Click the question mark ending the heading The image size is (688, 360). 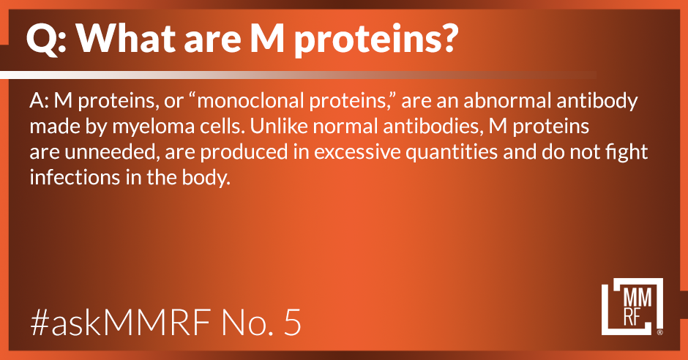(x=447, y=38)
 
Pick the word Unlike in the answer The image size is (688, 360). (x=278, y=127)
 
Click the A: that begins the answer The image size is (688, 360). (x=39, y=101)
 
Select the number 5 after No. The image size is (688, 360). (x=292, y=323)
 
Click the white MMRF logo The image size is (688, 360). (x=632, y=307)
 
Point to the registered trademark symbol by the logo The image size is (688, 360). (x=660, y=332)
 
